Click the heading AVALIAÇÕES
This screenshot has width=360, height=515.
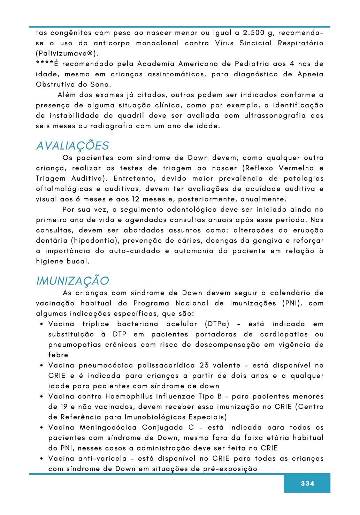click(x=72, y=146)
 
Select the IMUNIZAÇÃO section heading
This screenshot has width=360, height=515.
click(x=72, y=281)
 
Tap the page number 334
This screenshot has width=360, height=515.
click(x=307, y=483)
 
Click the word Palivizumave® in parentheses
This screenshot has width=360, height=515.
click(x=67, y=53)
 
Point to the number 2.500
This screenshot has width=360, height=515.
click(x=254, y=33)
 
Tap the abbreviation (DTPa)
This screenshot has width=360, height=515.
click(x=217, y=324)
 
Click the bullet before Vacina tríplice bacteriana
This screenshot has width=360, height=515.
click(x=41, y=324)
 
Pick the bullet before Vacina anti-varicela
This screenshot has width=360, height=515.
click(x=41, y=459)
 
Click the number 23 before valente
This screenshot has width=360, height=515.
click(x=204, y=365)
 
